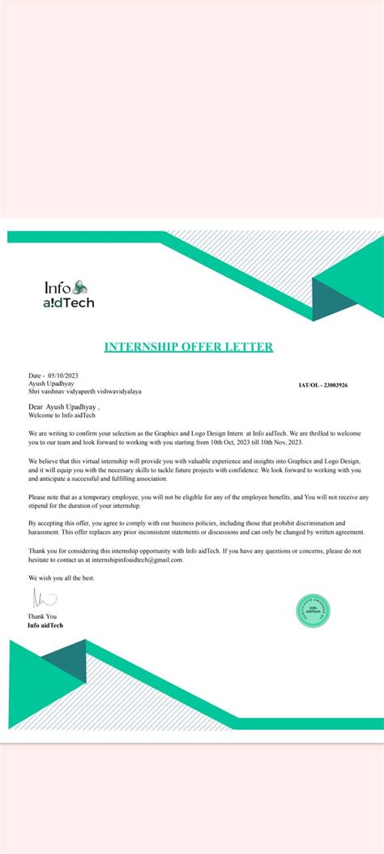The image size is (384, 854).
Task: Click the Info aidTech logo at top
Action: click(70, 294)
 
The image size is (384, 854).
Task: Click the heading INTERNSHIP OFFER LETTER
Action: click(189, 347)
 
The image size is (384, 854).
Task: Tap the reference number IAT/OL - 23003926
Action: click(323, 386)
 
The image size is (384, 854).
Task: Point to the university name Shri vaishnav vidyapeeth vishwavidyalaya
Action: click(84, 391)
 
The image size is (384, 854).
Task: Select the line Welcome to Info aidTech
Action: click(62, 414)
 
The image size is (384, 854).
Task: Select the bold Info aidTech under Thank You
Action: click(45, 625)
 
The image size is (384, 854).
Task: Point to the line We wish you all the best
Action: click(61, 577)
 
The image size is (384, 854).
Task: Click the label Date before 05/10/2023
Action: click(35, 376)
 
